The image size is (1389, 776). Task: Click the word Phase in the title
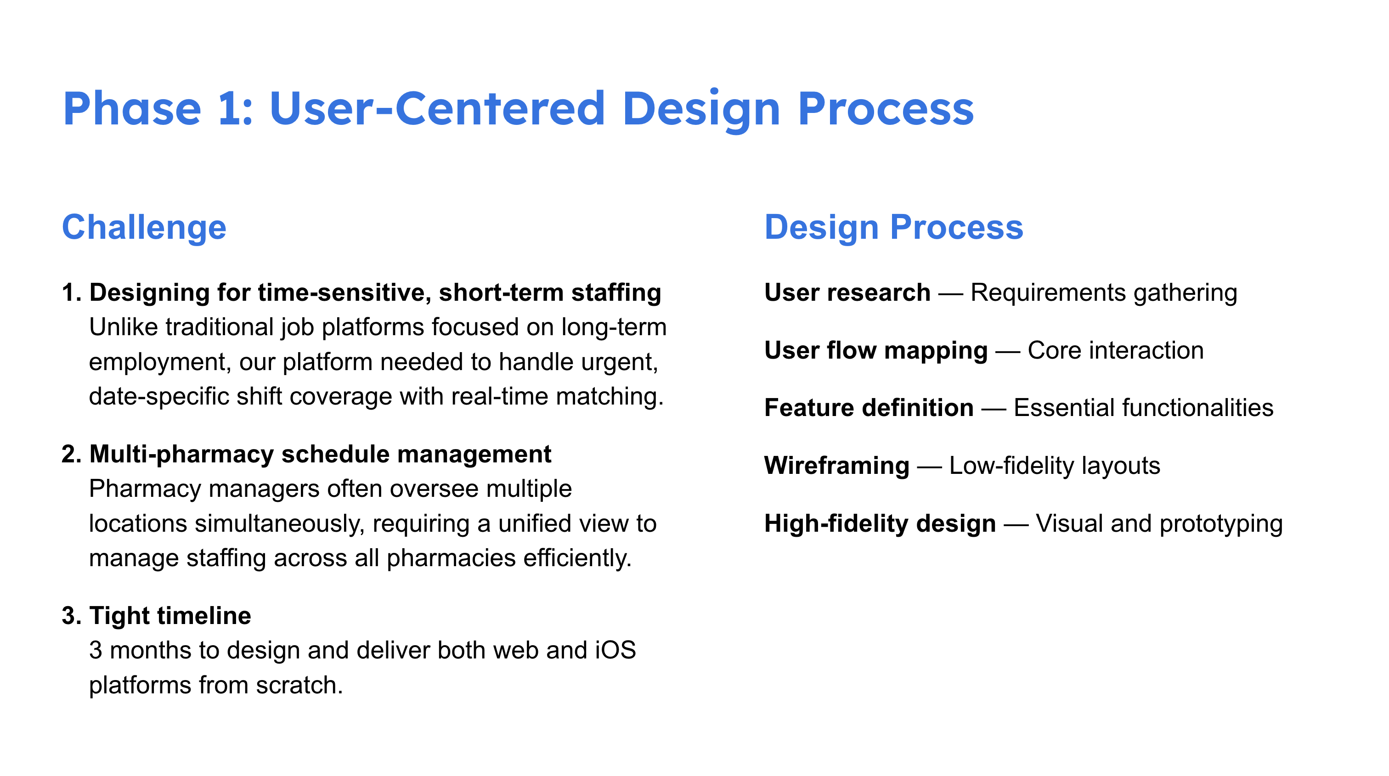[132, 109]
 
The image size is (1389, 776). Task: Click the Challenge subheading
[144, 227]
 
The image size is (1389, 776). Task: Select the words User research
[847, 292]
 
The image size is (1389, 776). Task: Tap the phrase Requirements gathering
[1103, 292]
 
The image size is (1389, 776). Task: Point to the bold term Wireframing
[836, 466]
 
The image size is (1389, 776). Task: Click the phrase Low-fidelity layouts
[1054, 466]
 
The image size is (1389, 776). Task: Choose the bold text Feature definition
[869, 408]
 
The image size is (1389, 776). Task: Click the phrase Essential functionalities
[1143, 408]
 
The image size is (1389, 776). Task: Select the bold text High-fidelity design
[880, 524]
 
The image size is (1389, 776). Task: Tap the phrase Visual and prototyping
[1159, 524]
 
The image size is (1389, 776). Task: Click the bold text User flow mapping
[875, 350]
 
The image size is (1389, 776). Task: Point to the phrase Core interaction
[1115, 350]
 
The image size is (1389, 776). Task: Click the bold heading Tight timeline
[170, 616]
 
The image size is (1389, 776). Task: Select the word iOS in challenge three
[615, 651]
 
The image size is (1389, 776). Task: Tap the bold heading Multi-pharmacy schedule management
[320, 454]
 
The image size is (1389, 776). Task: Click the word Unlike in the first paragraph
[123, 327]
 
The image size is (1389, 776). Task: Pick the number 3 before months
[96, 651]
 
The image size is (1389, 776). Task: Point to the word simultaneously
[280, 524]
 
